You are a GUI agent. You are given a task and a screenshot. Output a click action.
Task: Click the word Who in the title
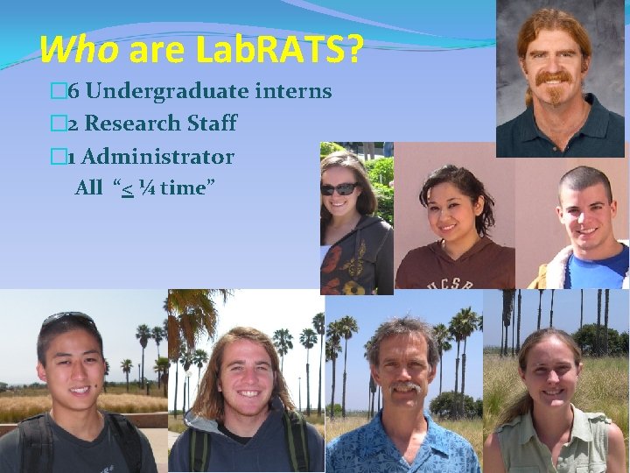(79, 51)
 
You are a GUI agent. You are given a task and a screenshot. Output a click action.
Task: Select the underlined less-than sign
(129, 187)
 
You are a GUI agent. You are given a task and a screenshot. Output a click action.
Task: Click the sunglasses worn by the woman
(339, 188)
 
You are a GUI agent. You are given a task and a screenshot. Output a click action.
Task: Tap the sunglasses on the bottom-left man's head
(68, 319)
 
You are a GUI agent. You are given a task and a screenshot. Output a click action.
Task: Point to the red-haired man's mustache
(554, 79)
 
